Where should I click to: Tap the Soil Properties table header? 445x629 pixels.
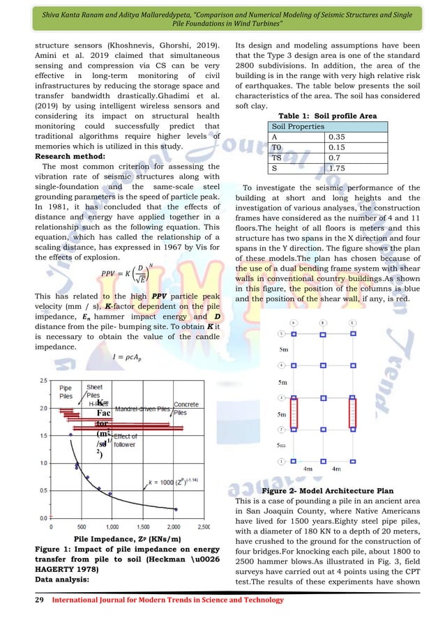click(x=299, y=126)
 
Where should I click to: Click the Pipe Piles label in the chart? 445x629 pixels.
click(x=66, y=391)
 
